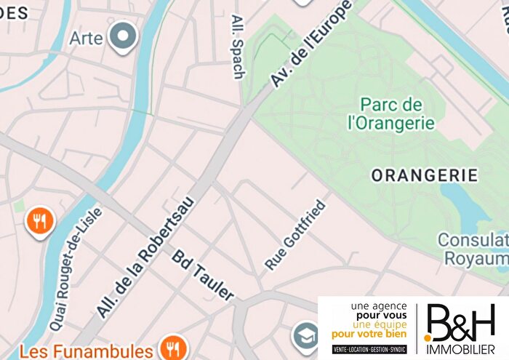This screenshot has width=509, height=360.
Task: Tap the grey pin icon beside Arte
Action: (122, 35)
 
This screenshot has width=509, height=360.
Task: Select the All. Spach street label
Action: (239, 46)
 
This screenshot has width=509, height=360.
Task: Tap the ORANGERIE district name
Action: (425, 175)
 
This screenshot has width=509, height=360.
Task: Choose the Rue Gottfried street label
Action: (295, 235)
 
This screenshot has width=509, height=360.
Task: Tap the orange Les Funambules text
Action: (86, 352)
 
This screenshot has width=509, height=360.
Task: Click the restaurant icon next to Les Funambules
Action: (172, 348)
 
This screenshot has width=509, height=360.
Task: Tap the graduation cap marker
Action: (305, 335)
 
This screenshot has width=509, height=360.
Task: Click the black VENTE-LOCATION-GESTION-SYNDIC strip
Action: (369, 349)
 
